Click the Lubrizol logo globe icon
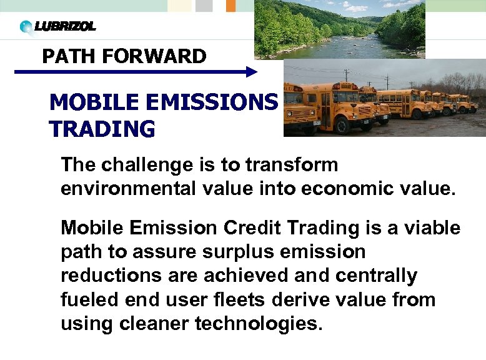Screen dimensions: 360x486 coord(26,27)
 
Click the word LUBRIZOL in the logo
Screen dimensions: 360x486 coord(65,26)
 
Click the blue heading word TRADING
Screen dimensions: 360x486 coord(102,129)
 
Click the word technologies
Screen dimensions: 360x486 coord(259,323)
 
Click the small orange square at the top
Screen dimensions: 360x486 coord(231,6)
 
